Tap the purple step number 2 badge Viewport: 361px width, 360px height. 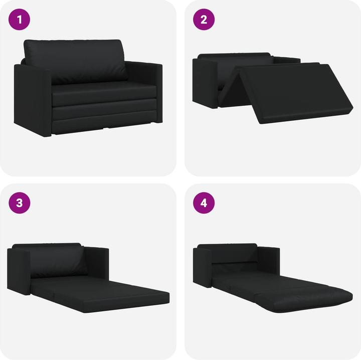(x=204, y=20)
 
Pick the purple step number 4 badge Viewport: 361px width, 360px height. (x=204, y=203)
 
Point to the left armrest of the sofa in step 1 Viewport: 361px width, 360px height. (x=33, y=100)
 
